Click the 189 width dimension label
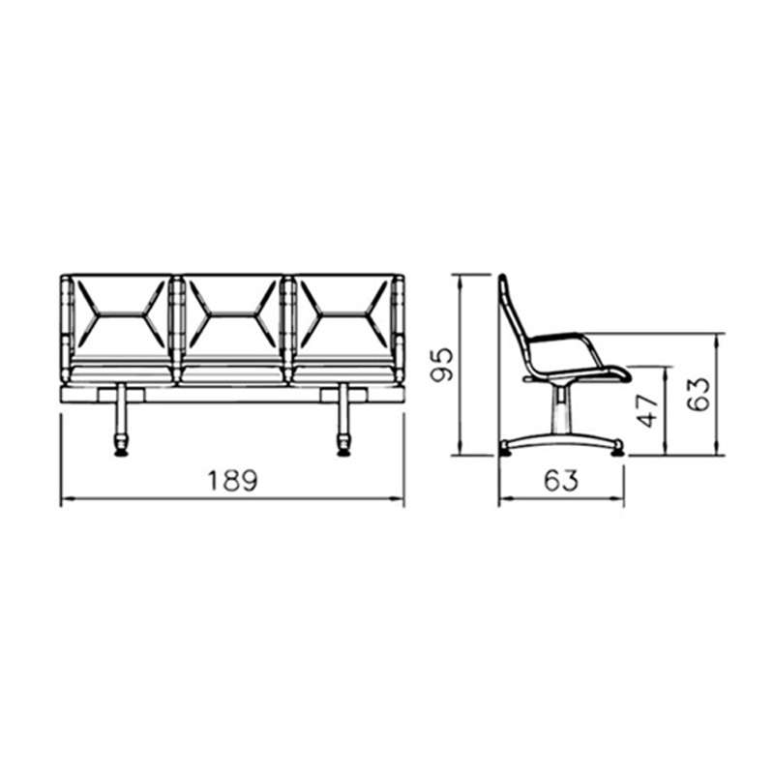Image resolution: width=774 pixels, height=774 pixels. [232, 480]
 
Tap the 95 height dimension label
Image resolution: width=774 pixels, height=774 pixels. [442, 365]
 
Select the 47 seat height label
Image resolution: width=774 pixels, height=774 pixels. [648, 410]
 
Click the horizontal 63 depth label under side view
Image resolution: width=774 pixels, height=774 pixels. [561, 480]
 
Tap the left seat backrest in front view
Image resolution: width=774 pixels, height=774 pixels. [121, 316]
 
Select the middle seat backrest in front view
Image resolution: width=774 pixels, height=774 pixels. [232, 316]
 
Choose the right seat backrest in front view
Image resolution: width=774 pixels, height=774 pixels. [343, 316]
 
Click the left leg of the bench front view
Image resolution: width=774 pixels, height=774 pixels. [120, 410]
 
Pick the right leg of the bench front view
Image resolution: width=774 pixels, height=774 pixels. [342, 410]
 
